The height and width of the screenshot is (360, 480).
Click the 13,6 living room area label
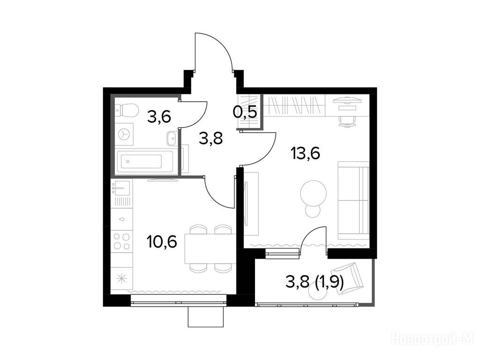306,153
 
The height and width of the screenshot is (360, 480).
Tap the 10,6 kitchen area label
162,242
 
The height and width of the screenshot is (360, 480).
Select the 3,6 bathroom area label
158,117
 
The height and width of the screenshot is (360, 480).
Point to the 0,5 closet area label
245,112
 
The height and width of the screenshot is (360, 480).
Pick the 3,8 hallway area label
210,138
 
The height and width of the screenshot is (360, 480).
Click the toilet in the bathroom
127,110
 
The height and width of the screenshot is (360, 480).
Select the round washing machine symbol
125,134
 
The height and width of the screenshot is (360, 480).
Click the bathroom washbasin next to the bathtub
171,139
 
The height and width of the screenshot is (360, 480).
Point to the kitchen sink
121,187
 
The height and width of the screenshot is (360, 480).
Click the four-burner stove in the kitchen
121,241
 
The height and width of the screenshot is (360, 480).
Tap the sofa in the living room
353,201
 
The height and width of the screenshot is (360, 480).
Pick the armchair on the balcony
348,278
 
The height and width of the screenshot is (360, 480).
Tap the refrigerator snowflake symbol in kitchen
121,279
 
